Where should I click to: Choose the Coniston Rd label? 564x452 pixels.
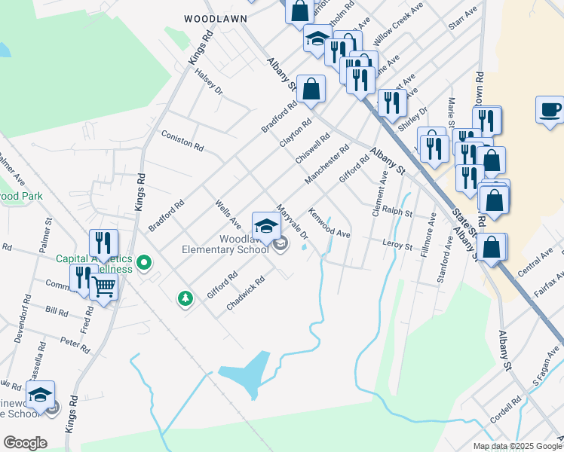183,139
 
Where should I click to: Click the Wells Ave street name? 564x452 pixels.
228,214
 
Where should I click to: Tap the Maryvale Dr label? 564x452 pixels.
293,222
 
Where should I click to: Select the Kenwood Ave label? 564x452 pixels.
330,224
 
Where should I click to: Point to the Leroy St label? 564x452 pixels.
397,246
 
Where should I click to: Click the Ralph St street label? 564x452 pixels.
397,213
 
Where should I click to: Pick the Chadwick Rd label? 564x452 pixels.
246,293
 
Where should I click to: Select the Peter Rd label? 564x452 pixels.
75,345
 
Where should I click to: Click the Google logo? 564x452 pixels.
25,443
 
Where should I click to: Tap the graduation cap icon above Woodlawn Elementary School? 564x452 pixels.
265,224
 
